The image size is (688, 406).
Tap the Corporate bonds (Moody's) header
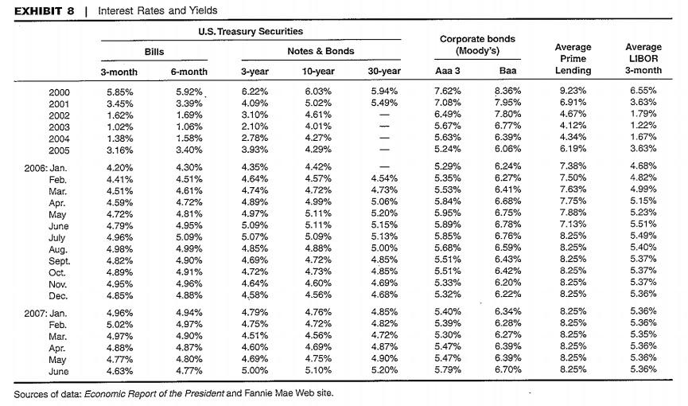[476, 45]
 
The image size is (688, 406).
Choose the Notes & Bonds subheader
[321, 51]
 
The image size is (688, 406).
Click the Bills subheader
[154, 51]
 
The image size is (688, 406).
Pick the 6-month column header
[189, 72]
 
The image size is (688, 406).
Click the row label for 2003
[59, 127]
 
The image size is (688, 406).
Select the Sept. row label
[58, 260]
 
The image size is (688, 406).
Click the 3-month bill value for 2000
[120, 92]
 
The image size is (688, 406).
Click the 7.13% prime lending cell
[573, 226]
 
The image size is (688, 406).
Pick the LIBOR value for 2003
[643, 127]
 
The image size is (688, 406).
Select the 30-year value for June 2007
[384, 371]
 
